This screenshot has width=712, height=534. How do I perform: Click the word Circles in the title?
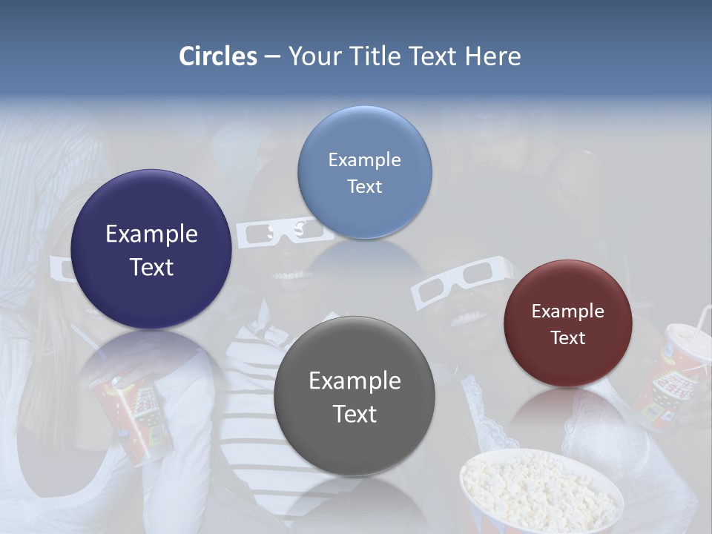click(217, 56)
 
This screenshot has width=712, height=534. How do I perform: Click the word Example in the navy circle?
click(151, 234)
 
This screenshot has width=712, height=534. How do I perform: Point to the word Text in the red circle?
click(568, 338)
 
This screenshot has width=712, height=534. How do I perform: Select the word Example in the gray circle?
click(355, 381)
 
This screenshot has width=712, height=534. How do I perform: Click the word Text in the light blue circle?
click(364, 187)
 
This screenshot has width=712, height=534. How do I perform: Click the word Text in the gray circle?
click(355, 414)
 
